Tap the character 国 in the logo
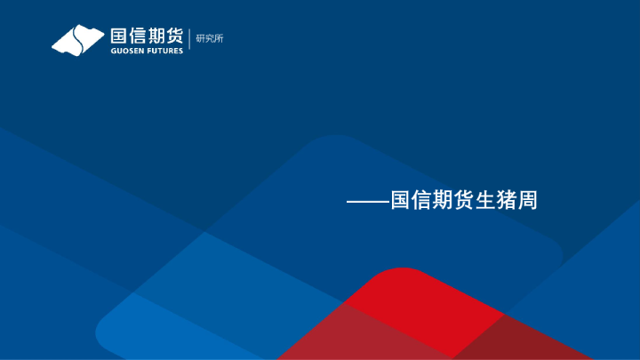point(119,36)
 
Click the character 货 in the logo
point(175,36)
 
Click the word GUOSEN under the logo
point(126,51)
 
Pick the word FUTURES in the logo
point(164,51)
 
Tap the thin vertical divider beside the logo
point(189,40)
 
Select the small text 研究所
point(209,38)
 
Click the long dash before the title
point(367,202)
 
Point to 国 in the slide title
point(399,201)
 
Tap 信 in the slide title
point(420,201)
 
